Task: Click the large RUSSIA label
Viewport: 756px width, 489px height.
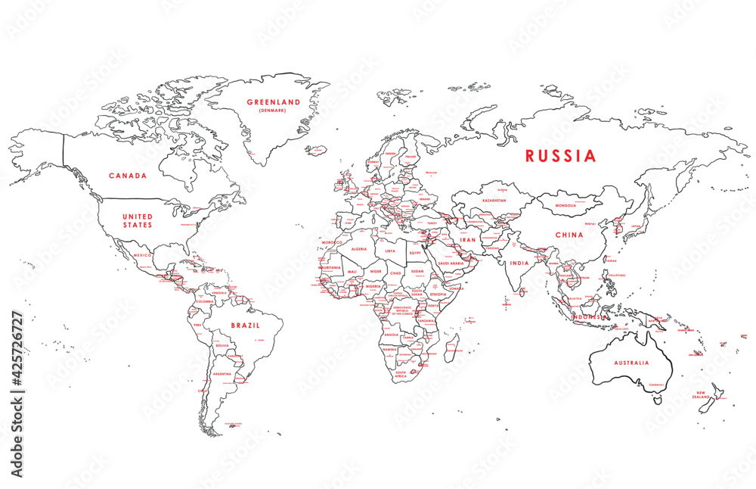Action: (x=561, y=156)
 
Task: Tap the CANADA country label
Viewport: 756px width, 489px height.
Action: (x=128, y=176)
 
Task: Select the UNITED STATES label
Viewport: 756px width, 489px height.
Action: (x=138, y=220)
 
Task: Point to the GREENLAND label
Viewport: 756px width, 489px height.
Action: (x=274, y=101)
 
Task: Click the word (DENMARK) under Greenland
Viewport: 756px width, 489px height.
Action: (x=274, y=111)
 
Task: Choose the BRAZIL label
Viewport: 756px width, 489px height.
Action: (x=246, y=325)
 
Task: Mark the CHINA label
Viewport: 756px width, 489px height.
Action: (x=569, y=235)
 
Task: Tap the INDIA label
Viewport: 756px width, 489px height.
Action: (x=519, y=263)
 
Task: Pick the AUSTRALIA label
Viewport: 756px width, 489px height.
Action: (x=631, y=363)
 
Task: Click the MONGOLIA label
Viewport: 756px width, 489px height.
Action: (x=572, y=205)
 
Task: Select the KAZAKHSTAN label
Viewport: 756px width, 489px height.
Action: (x=494, y=201)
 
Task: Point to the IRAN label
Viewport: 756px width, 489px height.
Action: (x=469, y=239)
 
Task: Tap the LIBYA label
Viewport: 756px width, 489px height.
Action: (x=390, y=251)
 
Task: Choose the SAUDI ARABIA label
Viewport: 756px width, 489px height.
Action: (x=457, y=263)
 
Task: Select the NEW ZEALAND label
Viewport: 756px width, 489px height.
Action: (x=702, y=394)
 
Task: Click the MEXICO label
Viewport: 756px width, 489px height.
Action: (x=143, y=255)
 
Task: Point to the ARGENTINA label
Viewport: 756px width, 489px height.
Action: (x=222, y=374)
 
